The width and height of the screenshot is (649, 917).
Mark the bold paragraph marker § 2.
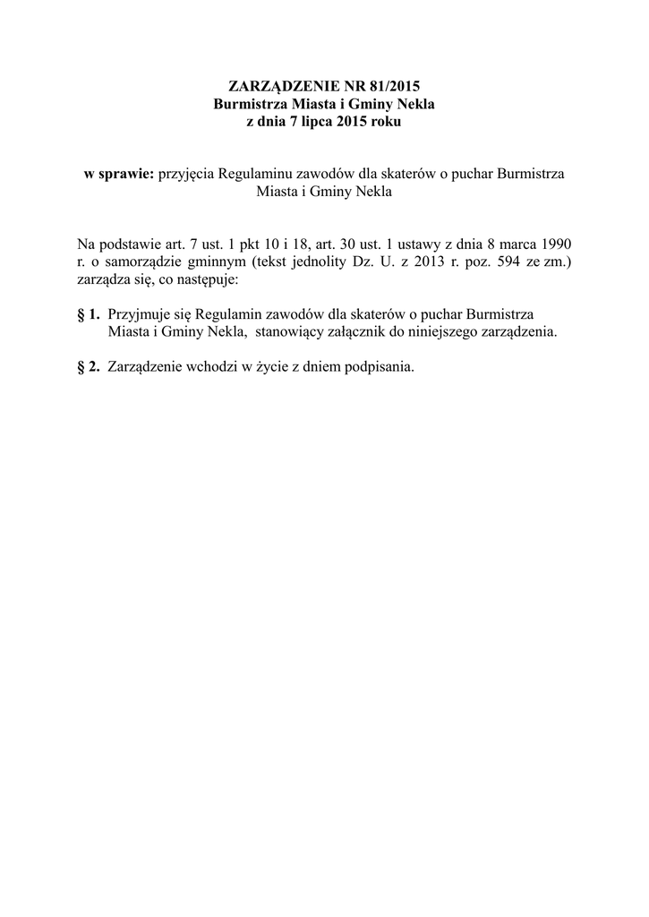pyautogui.click(x=89, y=366)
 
